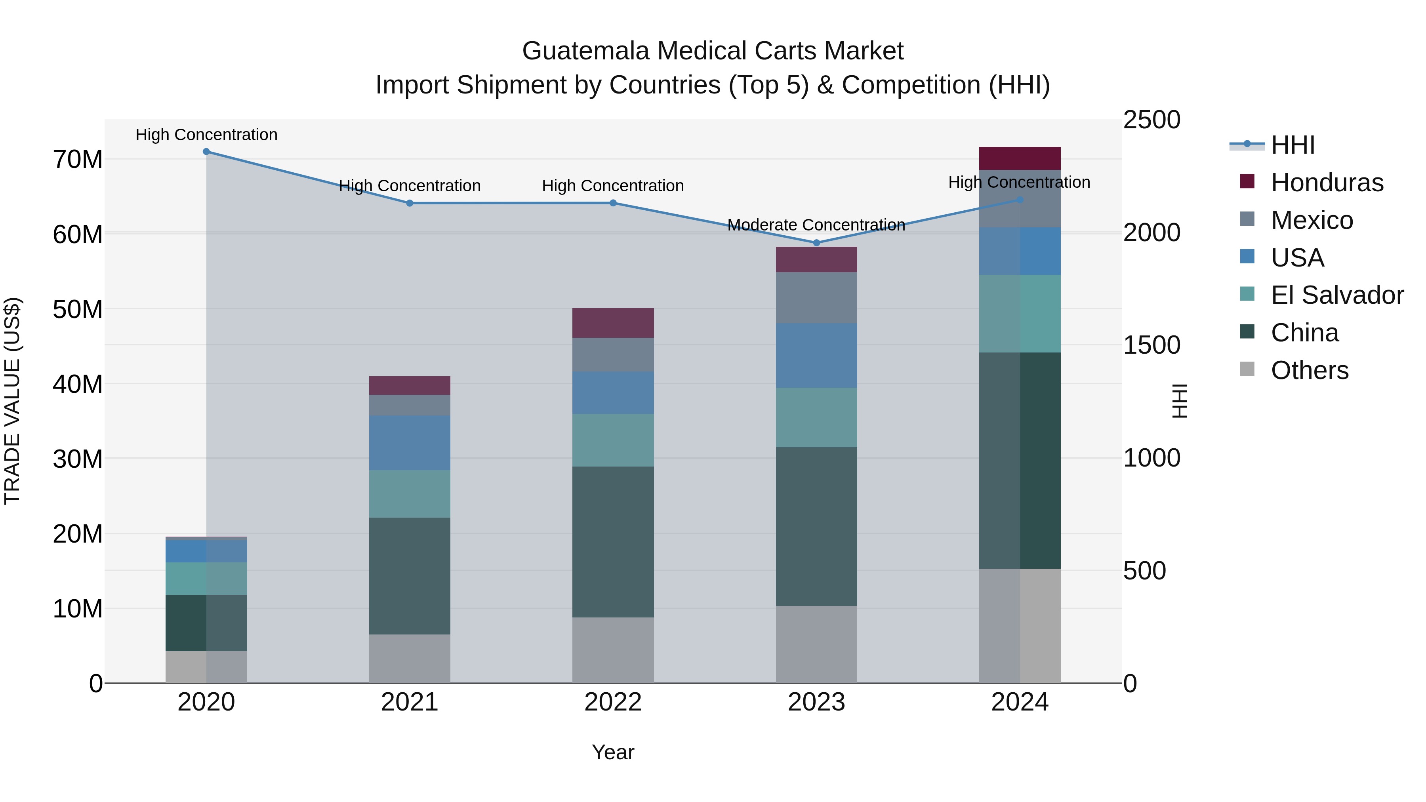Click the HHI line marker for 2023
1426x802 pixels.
[816, 242]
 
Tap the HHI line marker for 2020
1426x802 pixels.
[206, 151]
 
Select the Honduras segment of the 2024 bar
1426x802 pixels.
[1020, 158]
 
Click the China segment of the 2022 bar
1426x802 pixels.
[613, 541]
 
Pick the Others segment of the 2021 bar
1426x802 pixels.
[410, 658]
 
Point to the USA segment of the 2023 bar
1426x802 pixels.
[816, 355]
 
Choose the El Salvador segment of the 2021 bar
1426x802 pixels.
[410, 494]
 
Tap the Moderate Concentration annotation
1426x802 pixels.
[816, 225]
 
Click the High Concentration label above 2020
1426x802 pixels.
[206, 135]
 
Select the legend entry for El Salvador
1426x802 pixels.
[1337, 295]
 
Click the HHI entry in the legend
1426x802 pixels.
[1293, 145]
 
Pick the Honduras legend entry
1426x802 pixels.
[1327, 183]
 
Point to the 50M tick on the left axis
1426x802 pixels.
[78, 309]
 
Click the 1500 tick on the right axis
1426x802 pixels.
[1151, 345]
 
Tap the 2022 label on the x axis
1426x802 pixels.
[613, 702]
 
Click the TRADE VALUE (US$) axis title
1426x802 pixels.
[12, 401]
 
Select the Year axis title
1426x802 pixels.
[613, 752]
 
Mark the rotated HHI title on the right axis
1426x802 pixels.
[1180, 401]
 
